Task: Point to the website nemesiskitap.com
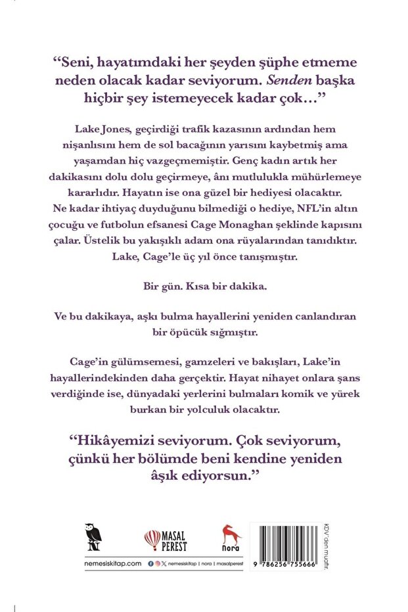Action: [95, 564]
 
